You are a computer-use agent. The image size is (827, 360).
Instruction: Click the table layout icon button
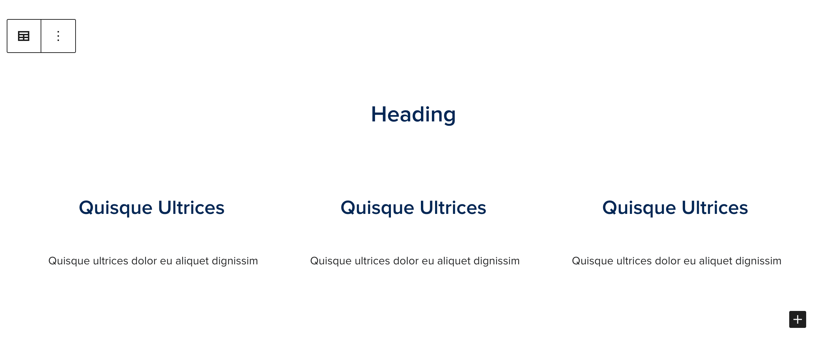[x=24, y=36]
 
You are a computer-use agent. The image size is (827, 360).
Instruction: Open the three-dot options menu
[x=58, y=36]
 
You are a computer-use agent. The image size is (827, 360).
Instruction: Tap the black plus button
[x=797, y=319]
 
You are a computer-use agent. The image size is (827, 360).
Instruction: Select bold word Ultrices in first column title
[x=191, y=208]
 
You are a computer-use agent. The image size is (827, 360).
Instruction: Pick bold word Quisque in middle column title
[x=377, y=208]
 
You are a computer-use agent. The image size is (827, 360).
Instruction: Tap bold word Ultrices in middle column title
[x=453, y=208]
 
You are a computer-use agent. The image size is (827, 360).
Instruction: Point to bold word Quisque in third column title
[x=639, y=208]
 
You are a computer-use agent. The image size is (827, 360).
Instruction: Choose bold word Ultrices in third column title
[x=715, y=208]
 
